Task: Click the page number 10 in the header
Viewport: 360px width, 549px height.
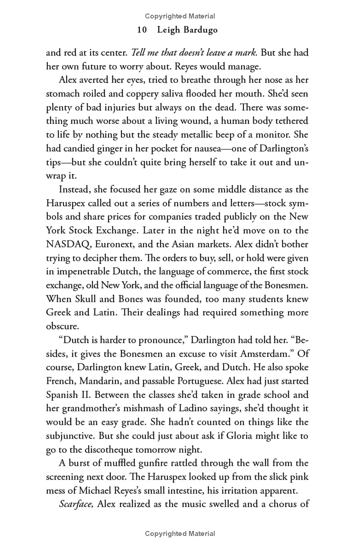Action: point(142,30)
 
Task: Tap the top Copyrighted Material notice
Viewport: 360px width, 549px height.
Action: point(180,16)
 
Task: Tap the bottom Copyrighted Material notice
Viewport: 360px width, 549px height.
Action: point(180,534)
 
